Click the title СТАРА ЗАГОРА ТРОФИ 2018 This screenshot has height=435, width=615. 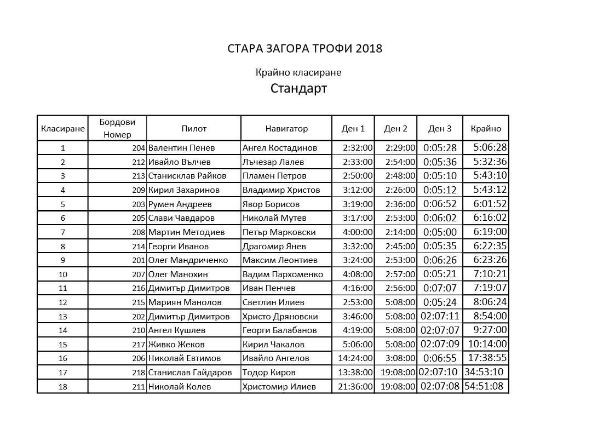(304, 49)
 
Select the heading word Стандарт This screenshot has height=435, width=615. (298, 88)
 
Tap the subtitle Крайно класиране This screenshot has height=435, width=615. (298, 72)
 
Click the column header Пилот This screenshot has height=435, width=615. (194, 129)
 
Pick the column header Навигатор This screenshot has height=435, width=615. (286, 129)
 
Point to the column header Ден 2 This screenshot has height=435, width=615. (395, 129)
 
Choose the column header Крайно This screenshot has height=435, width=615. (486, 129)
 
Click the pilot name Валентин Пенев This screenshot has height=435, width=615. (182, 148)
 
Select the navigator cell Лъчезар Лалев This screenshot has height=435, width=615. (273, 162)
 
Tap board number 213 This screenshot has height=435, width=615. (139, 176)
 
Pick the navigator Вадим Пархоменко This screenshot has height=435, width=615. (283, 274)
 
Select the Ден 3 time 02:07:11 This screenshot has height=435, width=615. (440, 316)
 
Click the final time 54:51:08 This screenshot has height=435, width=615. (484, 386)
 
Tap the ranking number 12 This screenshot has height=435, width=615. (62, 302)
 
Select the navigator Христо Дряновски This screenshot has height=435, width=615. (280, 317)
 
